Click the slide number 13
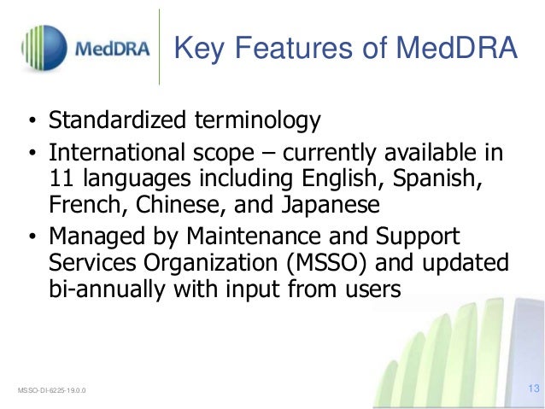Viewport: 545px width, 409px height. click(x=535, y=389)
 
